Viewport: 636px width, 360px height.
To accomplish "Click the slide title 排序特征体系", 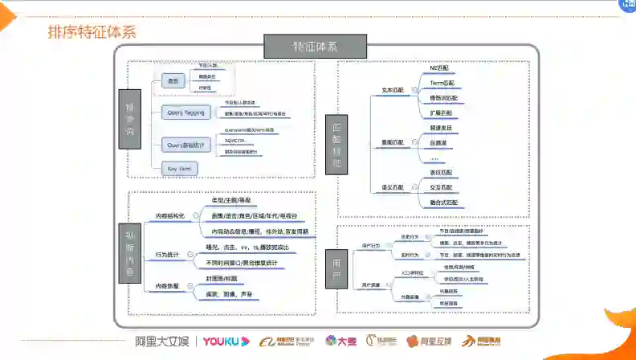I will pyautogui.click(x=90, y=33).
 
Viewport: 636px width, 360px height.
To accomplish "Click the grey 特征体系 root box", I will pyautogui.click(x=315, y=45).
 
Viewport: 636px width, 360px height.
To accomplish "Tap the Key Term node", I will pyautogui.click(x=178, y=168).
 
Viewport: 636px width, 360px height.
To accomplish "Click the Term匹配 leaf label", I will pyautogui.click(x=442, y=84).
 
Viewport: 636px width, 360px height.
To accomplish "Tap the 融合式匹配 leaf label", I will pyautogui.click(x=444, y=202).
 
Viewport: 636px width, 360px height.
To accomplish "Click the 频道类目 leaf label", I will pyautogui.click(x=442, y=128).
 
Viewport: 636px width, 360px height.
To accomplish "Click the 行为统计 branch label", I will pyautogui.click(x=167, y=255).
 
